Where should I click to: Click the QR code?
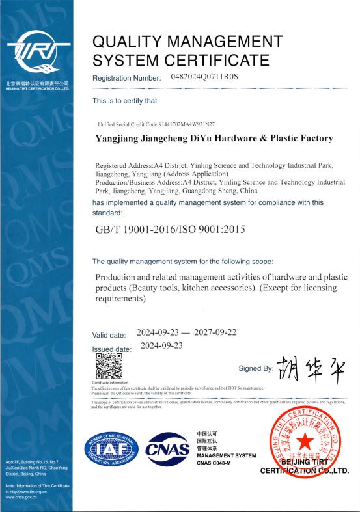click(x=109, y=367)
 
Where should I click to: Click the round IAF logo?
click(x=109, y=450)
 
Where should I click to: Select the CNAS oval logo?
click(x=167, y=450)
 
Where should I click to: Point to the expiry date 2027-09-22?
click(x=215, y=332)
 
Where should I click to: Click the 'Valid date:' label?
click(x=109, y=335)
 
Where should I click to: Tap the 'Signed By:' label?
click(x=256, y=368)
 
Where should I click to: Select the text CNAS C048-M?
click(x=215, y=463)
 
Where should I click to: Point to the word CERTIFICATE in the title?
click(x=219, y=61)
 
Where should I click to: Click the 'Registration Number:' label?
click(x=127, y=78)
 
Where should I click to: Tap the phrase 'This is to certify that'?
click(x=124, y=101)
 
